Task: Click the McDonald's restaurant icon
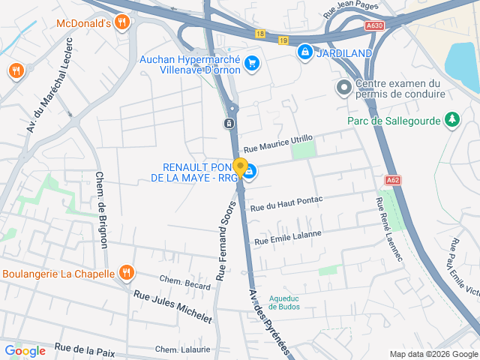coord(121,22)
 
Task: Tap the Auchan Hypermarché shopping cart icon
coord(252,63)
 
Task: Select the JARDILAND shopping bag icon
coord(304,52)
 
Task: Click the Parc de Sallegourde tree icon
coord(451,119)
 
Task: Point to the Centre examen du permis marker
coord(343,88)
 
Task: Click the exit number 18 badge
coord(259,34)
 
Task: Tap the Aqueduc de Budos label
coord(283,301)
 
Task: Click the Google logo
coord(25,350)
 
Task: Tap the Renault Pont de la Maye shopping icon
coord(249,173)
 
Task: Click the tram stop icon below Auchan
coord(230,121)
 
